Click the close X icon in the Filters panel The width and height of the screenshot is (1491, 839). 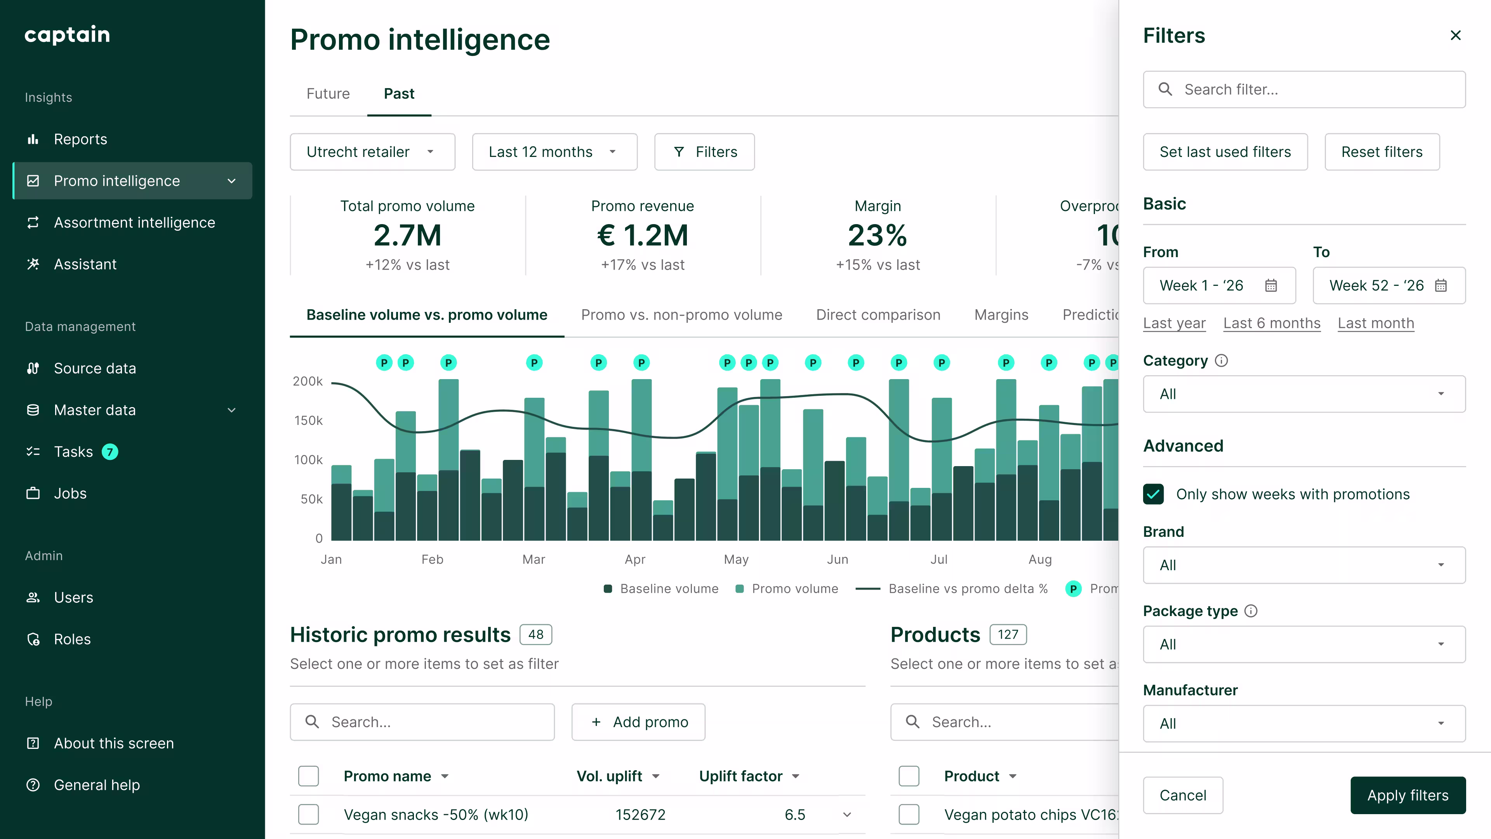(1455, 35)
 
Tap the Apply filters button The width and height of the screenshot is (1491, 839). (1408, 795)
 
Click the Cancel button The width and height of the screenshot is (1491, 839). (1182, 795)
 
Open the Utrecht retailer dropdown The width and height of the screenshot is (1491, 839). (372, 152)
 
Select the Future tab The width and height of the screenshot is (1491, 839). (328, 94)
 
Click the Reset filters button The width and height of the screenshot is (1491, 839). (1382, 152)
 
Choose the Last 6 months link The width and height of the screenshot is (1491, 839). (1272, 323)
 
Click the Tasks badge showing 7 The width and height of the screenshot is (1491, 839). (110, 452)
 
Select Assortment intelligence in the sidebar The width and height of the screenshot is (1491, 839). (134, 222)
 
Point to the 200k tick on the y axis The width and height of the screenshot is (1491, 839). (308, 381)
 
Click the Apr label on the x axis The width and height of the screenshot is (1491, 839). (635, 559)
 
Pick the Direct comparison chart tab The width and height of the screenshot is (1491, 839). (878, 315)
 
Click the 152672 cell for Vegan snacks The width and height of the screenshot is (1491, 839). (640, 815)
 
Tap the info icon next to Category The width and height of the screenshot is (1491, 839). (1221, 361)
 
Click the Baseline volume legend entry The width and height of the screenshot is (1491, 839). (661, 589)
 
